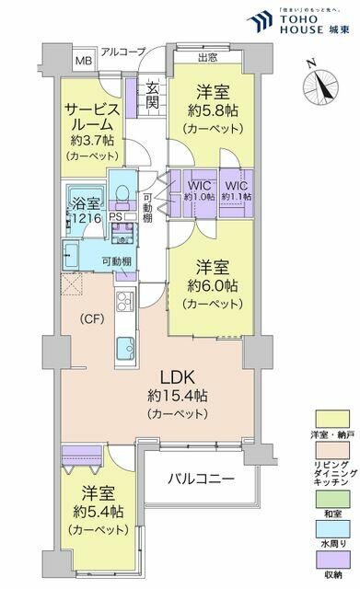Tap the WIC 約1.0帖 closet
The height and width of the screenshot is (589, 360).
(199, 189)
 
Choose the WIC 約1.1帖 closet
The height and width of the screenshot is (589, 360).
(237, 189)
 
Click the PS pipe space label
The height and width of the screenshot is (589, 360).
(115, 217)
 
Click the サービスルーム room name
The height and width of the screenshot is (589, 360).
(90, 118)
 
